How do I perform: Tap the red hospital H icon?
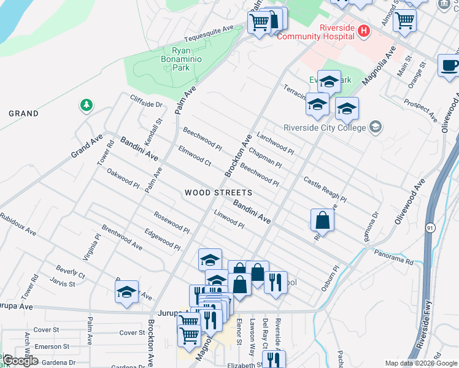pyautogui.click(x=364, y=31)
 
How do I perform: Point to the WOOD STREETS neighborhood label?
pyautogui.click(x=218, y=193)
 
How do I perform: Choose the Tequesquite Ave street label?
pyautogui.click(x=210, y=28)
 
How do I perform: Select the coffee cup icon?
pyautogui.click(x=449, y=65)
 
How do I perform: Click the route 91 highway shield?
pyautogui.click(x=430, y=227)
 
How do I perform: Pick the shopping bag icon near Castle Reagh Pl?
pyautogui.click(x=322, y=220)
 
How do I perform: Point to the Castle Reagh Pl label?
pyautogui.click(x=325, y=189)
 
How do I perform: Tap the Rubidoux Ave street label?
pyautogui.click(x=18, y=225)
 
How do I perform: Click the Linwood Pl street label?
pyautogui.click(x=229, y=220)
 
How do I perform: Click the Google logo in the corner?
pyautogui.click(x=20, y=361)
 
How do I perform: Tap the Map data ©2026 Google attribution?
pyautogui.click(x=421, y=363)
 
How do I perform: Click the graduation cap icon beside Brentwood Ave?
pyautogui.click(x=126, y=292)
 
